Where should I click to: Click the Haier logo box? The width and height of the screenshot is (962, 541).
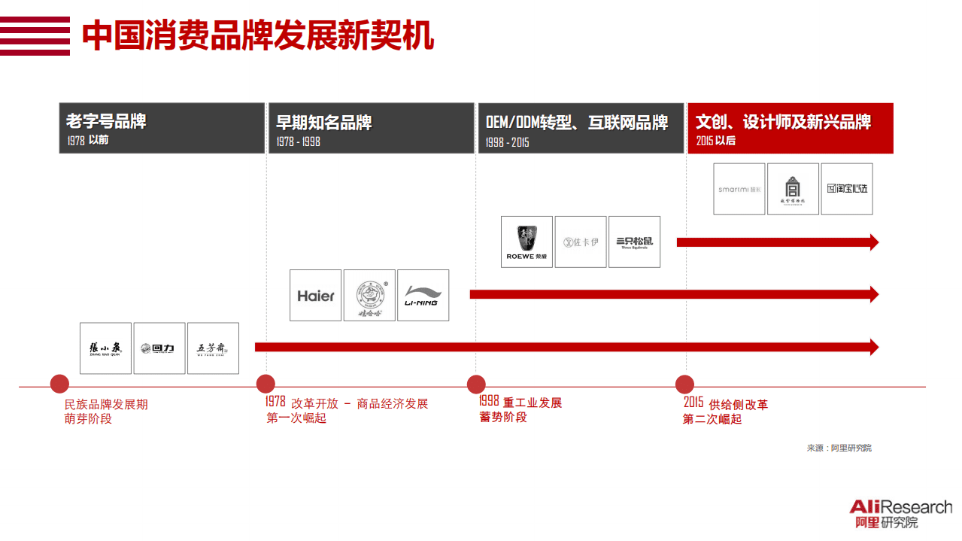(x=316, y=296)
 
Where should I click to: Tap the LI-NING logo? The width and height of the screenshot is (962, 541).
(x=423, y=296)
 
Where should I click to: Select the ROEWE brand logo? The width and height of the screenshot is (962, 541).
(x=527, y=242)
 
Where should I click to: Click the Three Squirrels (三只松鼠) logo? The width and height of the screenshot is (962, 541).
(x=634, y=242)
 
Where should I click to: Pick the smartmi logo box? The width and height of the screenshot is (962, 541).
(x=739, y=189)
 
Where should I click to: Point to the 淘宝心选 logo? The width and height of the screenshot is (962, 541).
(x=847, y=189)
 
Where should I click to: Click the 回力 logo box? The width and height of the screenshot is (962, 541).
(x=159, y=348)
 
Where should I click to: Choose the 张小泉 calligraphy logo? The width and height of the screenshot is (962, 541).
(x=105, y=348)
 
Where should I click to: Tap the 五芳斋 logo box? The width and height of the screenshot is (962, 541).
(x=213, y=348)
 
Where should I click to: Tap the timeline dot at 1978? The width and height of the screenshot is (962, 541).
(x=266, y=384)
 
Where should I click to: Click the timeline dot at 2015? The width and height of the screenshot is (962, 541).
(x=685, y=384)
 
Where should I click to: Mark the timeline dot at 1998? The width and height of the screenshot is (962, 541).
(x=475, y=384)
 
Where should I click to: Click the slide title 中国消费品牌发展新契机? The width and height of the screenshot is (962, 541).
(x=258, y=36)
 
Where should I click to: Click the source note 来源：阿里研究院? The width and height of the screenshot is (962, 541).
(x=839, y=448)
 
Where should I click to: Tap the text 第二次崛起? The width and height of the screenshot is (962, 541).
(x=712, y=419)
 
